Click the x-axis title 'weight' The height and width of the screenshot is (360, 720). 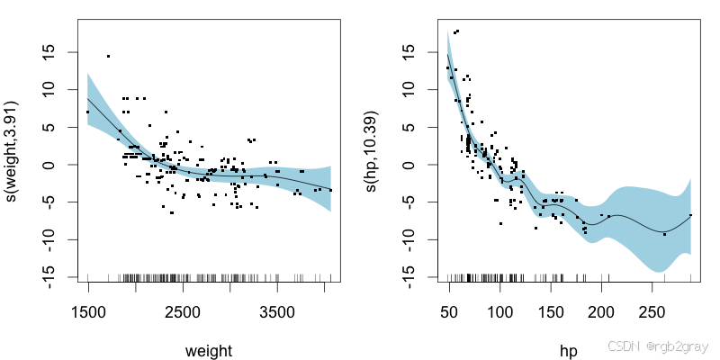[210, 351]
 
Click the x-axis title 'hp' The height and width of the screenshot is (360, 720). [569, 351]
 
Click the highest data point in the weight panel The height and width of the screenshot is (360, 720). [108, 56]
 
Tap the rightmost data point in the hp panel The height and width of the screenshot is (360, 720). [690, 215]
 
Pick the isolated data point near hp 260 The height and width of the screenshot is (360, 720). [664, 234]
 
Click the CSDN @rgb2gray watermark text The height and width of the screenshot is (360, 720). [658, 346]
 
